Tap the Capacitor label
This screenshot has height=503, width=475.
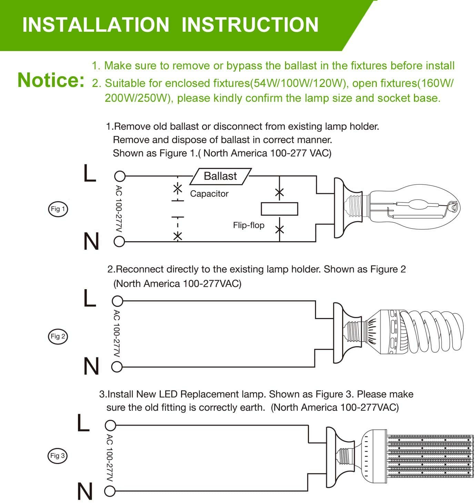tap(209, 194)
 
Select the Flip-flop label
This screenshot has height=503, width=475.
tap(249, 225)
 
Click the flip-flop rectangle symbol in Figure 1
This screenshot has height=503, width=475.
tap(279, 209)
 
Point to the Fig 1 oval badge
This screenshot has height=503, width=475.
tap(58, 209)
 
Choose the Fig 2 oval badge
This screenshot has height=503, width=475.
tap(58, 336)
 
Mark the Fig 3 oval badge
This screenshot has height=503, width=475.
tap(57, 456)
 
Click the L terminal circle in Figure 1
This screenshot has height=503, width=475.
tap(120, 176)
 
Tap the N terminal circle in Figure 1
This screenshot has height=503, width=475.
tap(119, 241)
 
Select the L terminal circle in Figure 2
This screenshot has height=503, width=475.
tap(117, 301)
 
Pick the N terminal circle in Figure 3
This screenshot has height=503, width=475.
tap(110, 491)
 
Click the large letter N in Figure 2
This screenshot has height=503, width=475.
tap(91, 366)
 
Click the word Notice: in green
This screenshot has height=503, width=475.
tap(51, 80)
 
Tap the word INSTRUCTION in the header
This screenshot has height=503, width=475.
tap(250, 24)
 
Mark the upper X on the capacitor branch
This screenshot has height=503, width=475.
tap(178, 189)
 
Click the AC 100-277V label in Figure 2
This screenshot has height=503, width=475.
tap(117, 334)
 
